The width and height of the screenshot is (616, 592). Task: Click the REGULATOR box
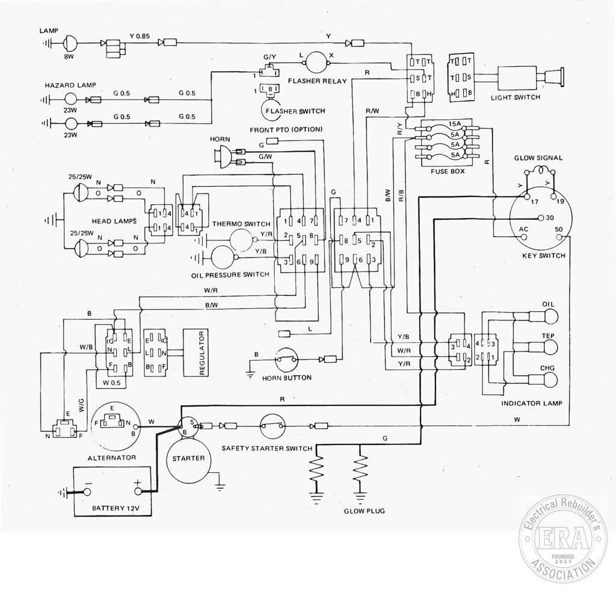coord(196,353)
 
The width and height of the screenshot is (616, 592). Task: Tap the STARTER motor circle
coord(188,459)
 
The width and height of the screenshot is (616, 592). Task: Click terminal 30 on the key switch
coord(541,218)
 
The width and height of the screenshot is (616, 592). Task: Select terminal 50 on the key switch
coord(560,237)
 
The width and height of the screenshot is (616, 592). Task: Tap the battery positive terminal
coord(138,491)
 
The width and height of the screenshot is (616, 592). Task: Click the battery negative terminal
coord(87,491)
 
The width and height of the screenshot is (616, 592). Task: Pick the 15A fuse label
coord(454,124)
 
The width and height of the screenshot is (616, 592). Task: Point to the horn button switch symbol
coord(286,359)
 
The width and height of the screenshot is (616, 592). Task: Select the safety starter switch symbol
coord(273,426)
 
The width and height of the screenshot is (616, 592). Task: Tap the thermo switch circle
coord(241,240)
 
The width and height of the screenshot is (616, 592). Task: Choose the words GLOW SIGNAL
coord(538,158)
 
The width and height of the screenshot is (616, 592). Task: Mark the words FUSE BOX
coord(448,172)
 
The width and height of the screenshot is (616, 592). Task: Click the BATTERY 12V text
coord(115,508)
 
